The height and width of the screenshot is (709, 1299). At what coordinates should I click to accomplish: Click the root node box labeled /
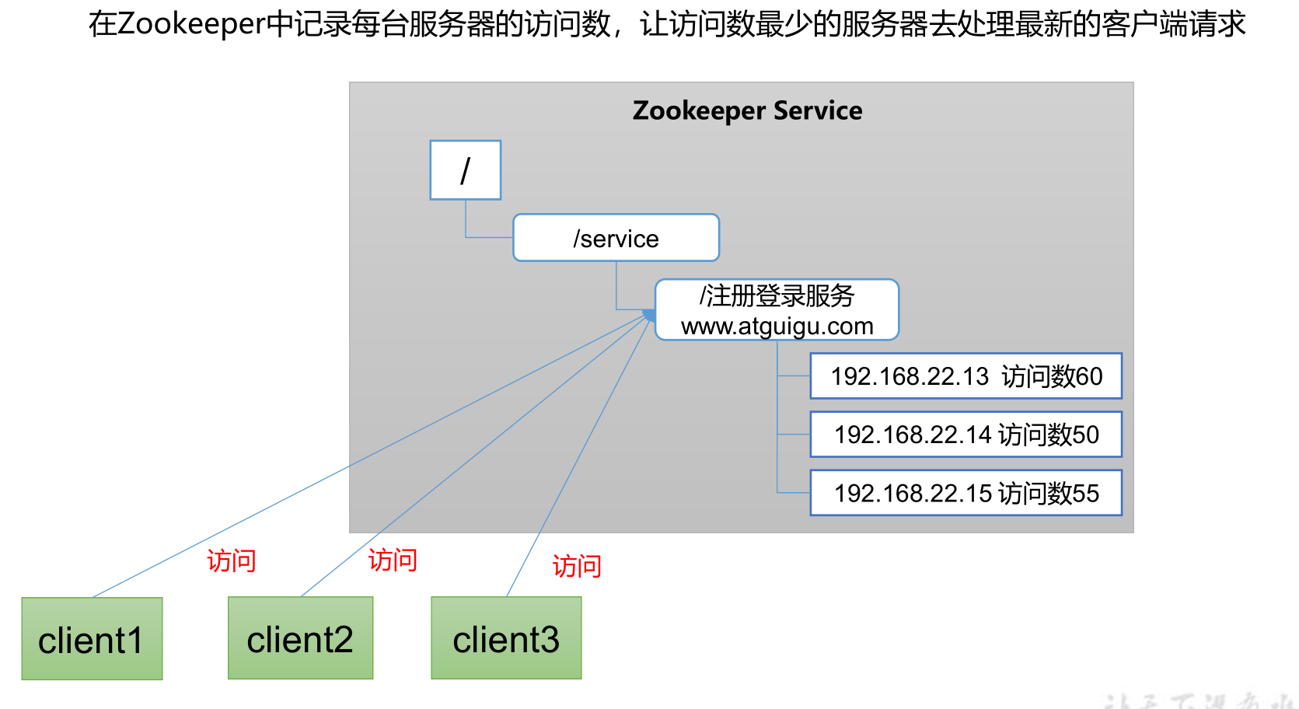(465, 170)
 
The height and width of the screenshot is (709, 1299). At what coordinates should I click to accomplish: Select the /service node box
(616, 238)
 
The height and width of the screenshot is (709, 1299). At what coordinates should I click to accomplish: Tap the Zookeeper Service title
(747, 110)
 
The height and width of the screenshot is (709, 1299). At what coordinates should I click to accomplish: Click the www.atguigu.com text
(777, 327)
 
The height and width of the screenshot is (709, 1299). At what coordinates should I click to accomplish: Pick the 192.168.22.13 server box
(966, 376)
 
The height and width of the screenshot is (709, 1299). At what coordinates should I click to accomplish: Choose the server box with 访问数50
(966, 435)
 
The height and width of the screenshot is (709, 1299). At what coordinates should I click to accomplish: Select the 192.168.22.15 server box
(966, 493)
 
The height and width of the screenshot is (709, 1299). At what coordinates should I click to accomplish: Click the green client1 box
(92, 639)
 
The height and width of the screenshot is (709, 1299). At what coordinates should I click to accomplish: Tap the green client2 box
(300, 638)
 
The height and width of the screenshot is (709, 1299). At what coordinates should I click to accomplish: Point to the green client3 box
(506, 638)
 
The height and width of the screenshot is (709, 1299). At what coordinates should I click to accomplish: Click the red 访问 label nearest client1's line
(231, 561)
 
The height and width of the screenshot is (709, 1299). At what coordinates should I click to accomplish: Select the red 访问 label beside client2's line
(393, 560)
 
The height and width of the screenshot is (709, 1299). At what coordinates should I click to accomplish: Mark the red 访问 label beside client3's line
(577, 566)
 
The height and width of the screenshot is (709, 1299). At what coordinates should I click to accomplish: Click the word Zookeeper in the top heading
(191, 24)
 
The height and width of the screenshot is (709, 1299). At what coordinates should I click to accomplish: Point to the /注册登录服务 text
(777, 295)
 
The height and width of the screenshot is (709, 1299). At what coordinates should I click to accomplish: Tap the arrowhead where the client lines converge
(648, 315)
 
